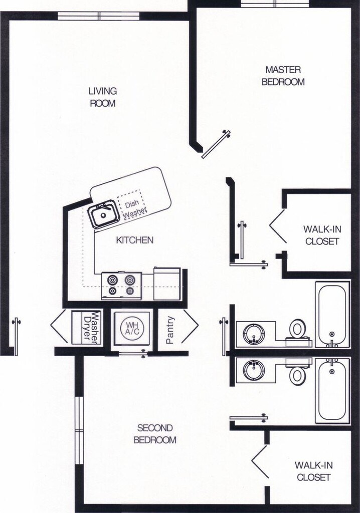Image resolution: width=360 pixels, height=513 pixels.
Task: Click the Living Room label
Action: pos(103,97)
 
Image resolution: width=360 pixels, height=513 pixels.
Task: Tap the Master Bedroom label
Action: pos(283,76)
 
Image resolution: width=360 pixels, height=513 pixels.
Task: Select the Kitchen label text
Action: pos(134,240)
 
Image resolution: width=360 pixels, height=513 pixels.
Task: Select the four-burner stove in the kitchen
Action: pos(121,286)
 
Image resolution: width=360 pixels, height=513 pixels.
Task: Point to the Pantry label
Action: pos(170,330)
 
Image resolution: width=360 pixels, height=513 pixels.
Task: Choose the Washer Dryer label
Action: pos(92,328)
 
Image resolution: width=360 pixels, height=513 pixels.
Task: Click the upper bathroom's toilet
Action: pos(297,329)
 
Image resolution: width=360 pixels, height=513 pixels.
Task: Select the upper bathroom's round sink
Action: pos(253,334)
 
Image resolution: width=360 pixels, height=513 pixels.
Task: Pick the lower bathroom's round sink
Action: pos(253,371)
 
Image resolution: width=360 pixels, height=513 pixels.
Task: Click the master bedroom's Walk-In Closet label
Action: pos(322,235)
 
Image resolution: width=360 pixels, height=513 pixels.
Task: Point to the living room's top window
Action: pos(98,16)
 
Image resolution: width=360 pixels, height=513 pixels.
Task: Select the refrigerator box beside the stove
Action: pos(167,284)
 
